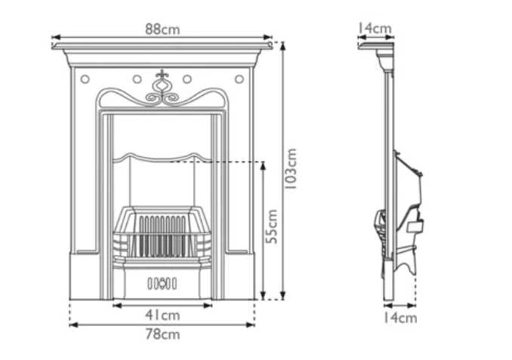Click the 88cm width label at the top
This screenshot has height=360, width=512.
(x=162, y=29)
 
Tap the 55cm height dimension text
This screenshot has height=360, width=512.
(x=273, y=226)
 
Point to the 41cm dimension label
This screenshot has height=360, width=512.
(x=162, y=315)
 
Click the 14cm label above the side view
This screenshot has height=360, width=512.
(x=375, y=29)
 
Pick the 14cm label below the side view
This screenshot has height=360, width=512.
(x=399, y=318)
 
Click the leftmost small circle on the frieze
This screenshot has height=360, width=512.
(x=85, y=78)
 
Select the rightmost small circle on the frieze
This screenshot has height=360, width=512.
(x=239, y=78)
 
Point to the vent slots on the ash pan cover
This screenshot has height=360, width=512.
(x=162, y=285)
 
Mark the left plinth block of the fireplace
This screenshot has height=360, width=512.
(x=85, y=275)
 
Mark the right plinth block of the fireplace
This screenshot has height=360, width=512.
(x=239, y=275)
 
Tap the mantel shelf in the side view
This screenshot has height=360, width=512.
(x=377, y=47)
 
